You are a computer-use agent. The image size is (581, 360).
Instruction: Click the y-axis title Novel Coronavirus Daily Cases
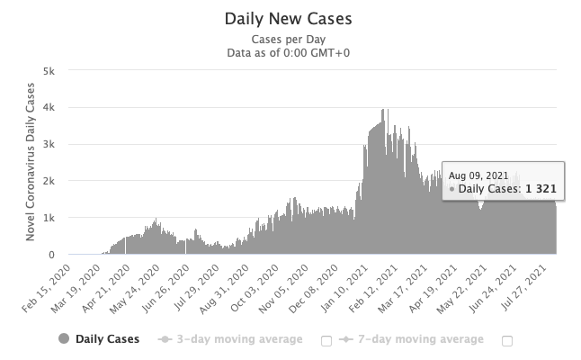pos(29,162)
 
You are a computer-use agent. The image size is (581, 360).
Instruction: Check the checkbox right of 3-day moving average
pos(326,340)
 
